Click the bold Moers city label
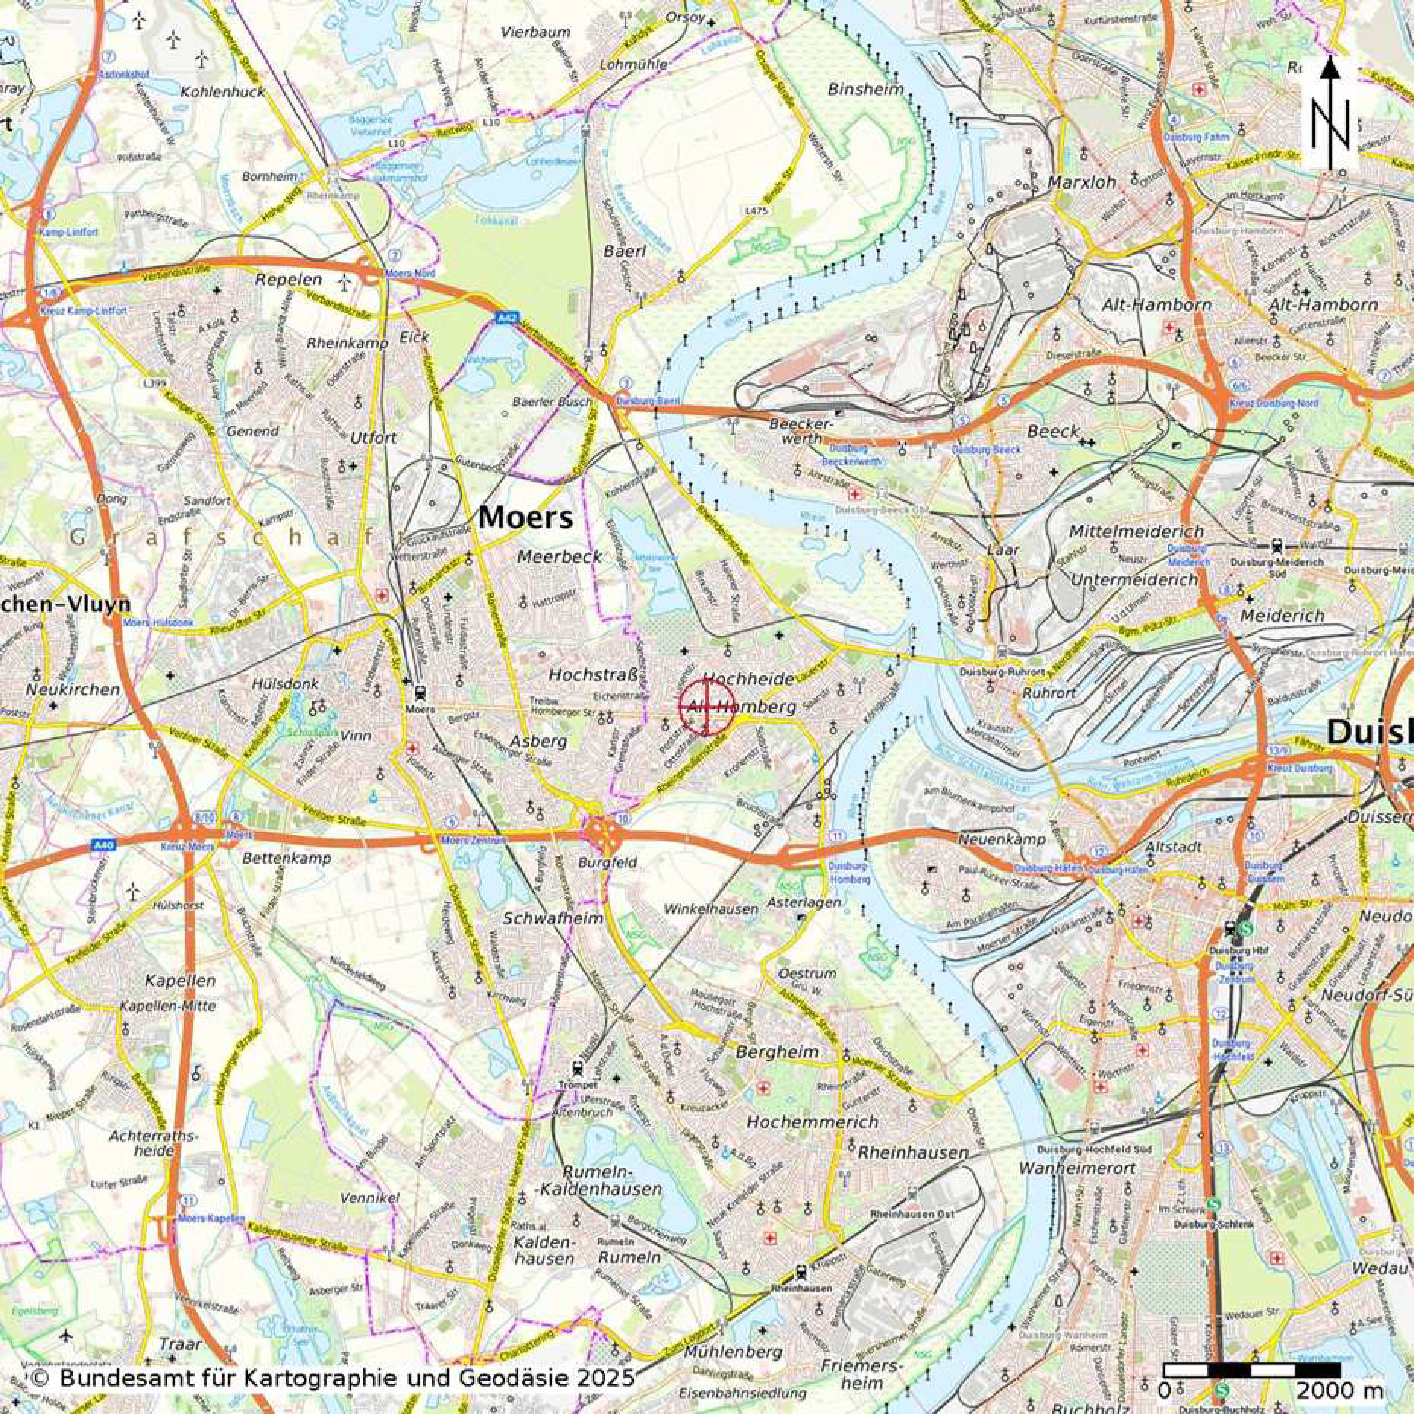coord(525,518)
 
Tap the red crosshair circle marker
coord(706,707)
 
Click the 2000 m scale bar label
coord(1339,1390)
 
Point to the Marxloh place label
coord(1082,182)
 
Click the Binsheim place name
coord(866,89)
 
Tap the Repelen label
coord(288,279)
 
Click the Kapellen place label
coord(180,980)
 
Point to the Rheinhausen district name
coord(913,1152)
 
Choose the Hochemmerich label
coord(812,1121)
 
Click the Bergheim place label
coord(778,1052)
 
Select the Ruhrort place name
coord(1050,693)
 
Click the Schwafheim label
coord(553,918)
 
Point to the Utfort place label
coord(373,438)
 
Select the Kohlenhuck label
coord(223,92)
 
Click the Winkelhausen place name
coord(711,908)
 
